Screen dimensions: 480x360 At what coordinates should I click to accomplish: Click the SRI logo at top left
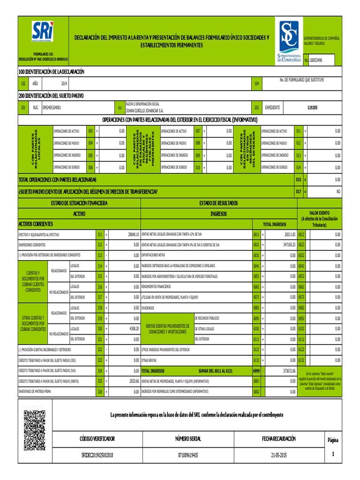point(42,32)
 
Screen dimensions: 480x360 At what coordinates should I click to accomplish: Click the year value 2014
point(64,83)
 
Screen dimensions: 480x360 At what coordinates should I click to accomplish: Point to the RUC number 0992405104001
point(52,107)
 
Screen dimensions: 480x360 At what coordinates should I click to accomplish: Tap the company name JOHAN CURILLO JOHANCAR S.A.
point(145,111)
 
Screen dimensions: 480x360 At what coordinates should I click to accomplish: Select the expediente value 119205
point(312,107)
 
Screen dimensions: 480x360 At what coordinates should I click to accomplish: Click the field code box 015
point(298,180)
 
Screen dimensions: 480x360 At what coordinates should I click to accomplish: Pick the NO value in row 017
point(338,191)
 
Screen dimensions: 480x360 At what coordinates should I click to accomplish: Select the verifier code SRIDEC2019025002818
point(97,455)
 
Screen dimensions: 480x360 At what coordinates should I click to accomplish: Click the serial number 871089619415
point(187,455)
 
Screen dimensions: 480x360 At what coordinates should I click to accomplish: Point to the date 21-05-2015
point(278,455)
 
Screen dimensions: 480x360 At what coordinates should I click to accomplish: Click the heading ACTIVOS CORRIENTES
point(36,224)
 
